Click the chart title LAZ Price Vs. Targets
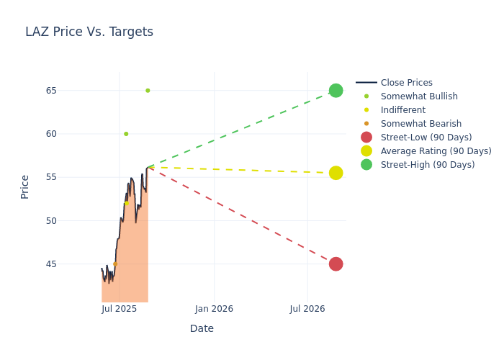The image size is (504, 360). pyautogui.click(x=89, y=32)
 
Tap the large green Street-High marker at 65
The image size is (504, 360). pyautogui.click(x=336, y=91)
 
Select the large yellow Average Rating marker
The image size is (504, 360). pyautogui.click(x=336, y=173)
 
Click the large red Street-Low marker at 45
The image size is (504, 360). pyautogui.click(x=336, y=264)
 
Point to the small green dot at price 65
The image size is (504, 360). pyautogui.click(x=148, y=91)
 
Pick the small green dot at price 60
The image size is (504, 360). pyautogui.click(x=126, y=134)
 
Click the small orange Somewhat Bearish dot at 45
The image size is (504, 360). pyautogui.click(x=115, y=264)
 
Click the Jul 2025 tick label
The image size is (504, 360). pyautogui.click(x=120, y=310)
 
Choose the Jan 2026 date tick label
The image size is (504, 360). pyautogui.click(x=214, y=310)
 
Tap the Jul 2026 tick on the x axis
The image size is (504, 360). pyautogui.click(x=307, y=310)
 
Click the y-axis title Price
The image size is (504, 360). pyautogui.click(x=25, y=186)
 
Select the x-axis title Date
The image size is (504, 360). pyautogui.click(x=202, y=328)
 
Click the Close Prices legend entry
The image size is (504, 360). pyautogui.click(x=406, y=83)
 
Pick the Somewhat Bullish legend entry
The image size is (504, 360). pyautogui.click(x=419, y=96)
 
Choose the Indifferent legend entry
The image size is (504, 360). pyautogui.click(x=402, y=110)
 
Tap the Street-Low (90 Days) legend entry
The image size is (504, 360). pyautogui.click(x=426, y=138)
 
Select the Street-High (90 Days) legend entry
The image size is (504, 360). pyautogui.click(x=428, y=165)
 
